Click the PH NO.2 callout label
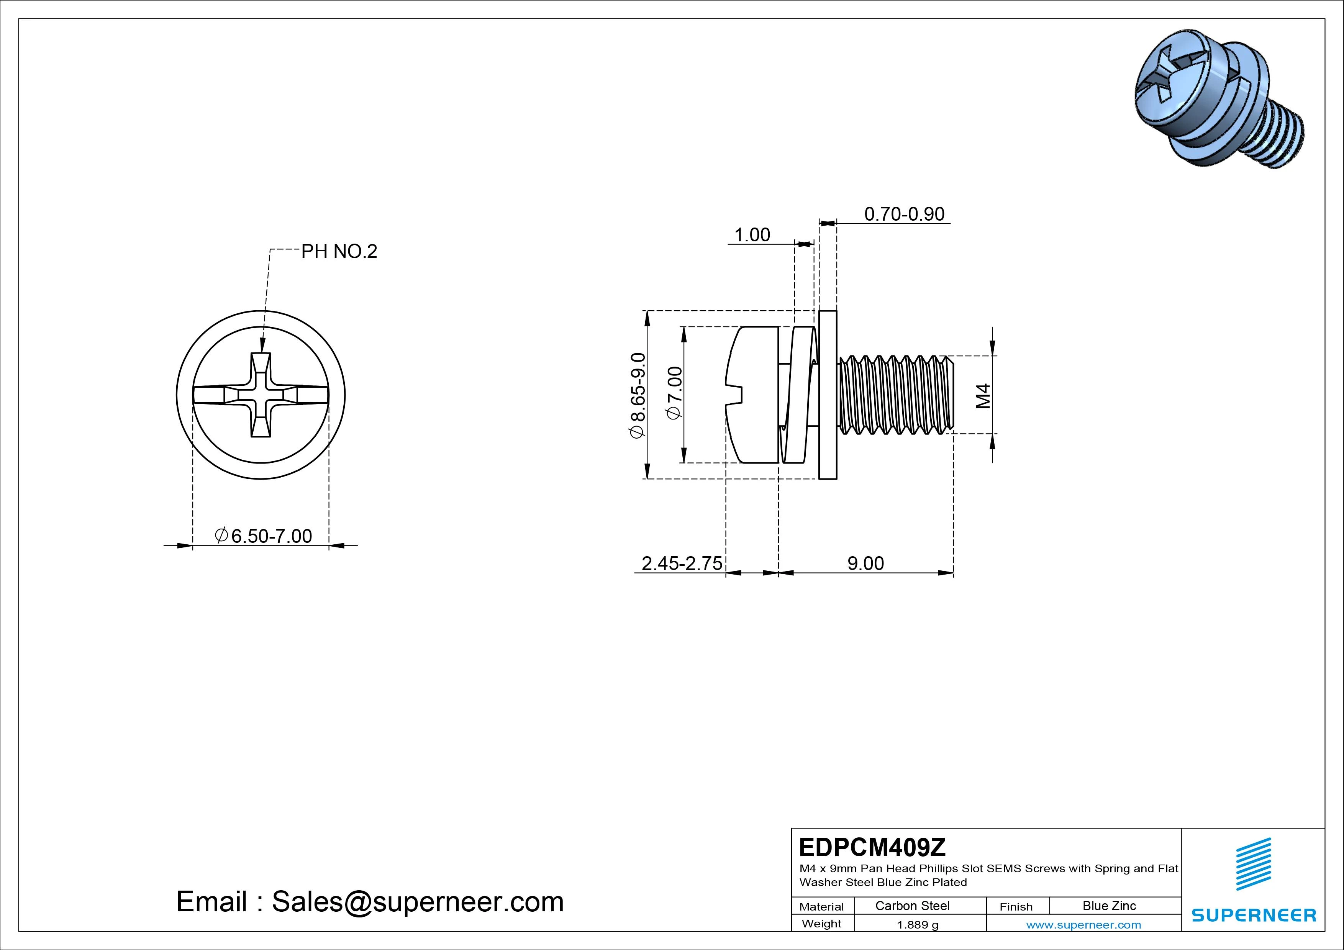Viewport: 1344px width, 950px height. [339, 252]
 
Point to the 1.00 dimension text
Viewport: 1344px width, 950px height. [752, 235]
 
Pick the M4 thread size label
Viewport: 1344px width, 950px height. [984, 396]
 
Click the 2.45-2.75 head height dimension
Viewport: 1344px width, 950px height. [681, 563]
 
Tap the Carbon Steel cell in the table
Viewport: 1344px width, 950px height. [912, 906]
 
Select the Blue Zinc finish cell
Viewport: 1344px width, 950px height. [1109, 906]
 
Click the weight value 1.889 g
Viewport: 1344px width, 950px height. [917, 925]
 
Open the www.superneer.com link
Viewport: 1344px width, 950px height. [1083, 925]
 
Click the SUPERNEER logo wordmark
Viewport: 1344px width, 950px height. [1254, 915]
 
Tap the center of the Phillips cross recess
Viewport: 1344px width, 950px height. [261, 395]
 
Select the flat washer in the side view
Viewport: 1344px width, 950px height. [828, 395]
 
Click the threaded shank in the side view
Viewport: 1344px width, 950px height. [896, 395]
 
